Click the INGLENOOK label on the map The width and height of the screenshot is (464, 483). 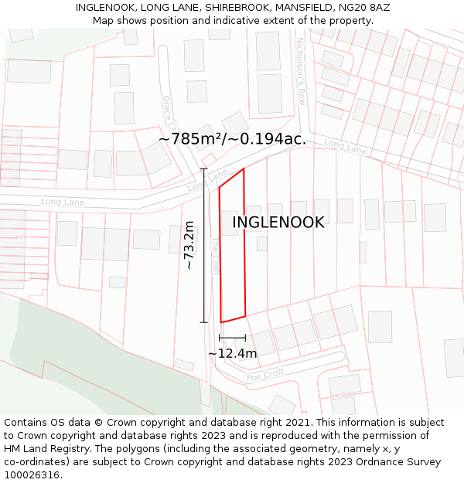click(278, 223)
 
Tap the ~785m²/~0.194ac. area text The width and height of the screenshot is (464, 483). click(232, 139)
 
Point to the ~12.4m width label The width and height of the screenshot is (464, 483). click(232, 353)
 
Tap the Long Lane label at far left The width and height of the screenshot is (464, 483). click(63, 202)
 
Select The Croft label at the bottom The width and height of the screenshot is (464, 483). click(264, 376)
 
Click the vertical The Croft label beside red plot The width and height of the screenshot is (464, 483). click(215, 256)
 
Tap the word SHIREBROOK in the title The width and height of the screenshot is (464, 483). click(237, 7)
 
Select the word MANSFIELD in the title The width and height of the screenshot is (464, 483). click(305, 7)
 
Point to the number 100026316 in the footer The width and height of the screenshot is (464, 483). click(33, 474)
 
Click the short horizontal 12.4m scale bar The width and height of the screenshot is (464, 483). click(232, 338)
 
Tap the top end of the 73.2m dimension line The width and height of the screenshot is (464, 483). click(204, 168)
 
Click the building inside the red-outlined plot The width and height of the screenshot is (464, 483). click(230, 223)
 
